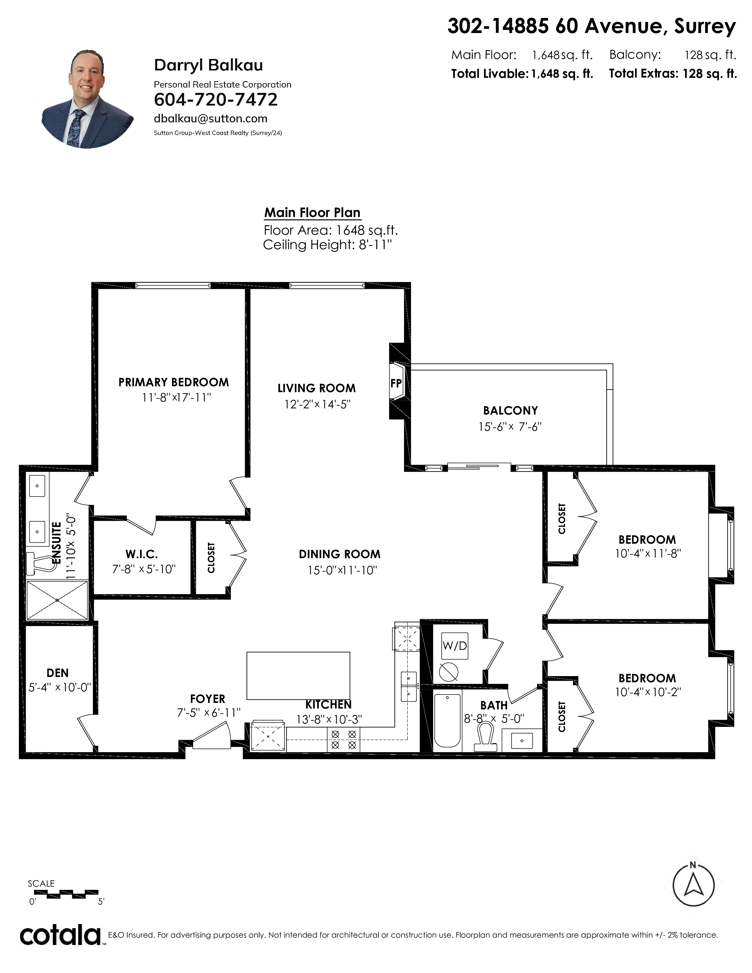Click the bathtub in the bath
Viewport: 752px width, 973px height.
pyautogui.click(x=447, y=720)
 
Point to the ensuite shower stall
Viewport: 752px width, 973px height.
pyautogui.click(x=58, y=600)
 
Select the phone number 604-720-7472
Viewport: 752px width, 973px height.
pyautogui.click(x=216, y=99)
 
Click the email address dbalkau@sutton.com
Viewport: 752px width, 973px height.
pyautogui.click(x=210, y=119)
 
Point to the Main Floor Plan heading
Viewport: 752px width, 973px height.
pyautogui.click(x=312, y=213)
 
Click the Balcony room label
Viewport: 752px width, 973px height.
pyautogui.click(x=510, y=410)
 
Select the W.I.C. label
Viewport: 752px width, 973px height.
pyautogui.click(x=142, y=554)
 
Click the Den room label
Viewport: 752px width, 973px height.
pyautogui.click(x=58, y=673)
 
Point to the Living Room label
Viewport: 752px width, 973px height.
pyautogui.click(x=316, y=388)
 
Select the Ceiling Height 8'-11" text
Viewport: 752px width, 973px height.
pyautogui.click(x=327, y=245)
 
